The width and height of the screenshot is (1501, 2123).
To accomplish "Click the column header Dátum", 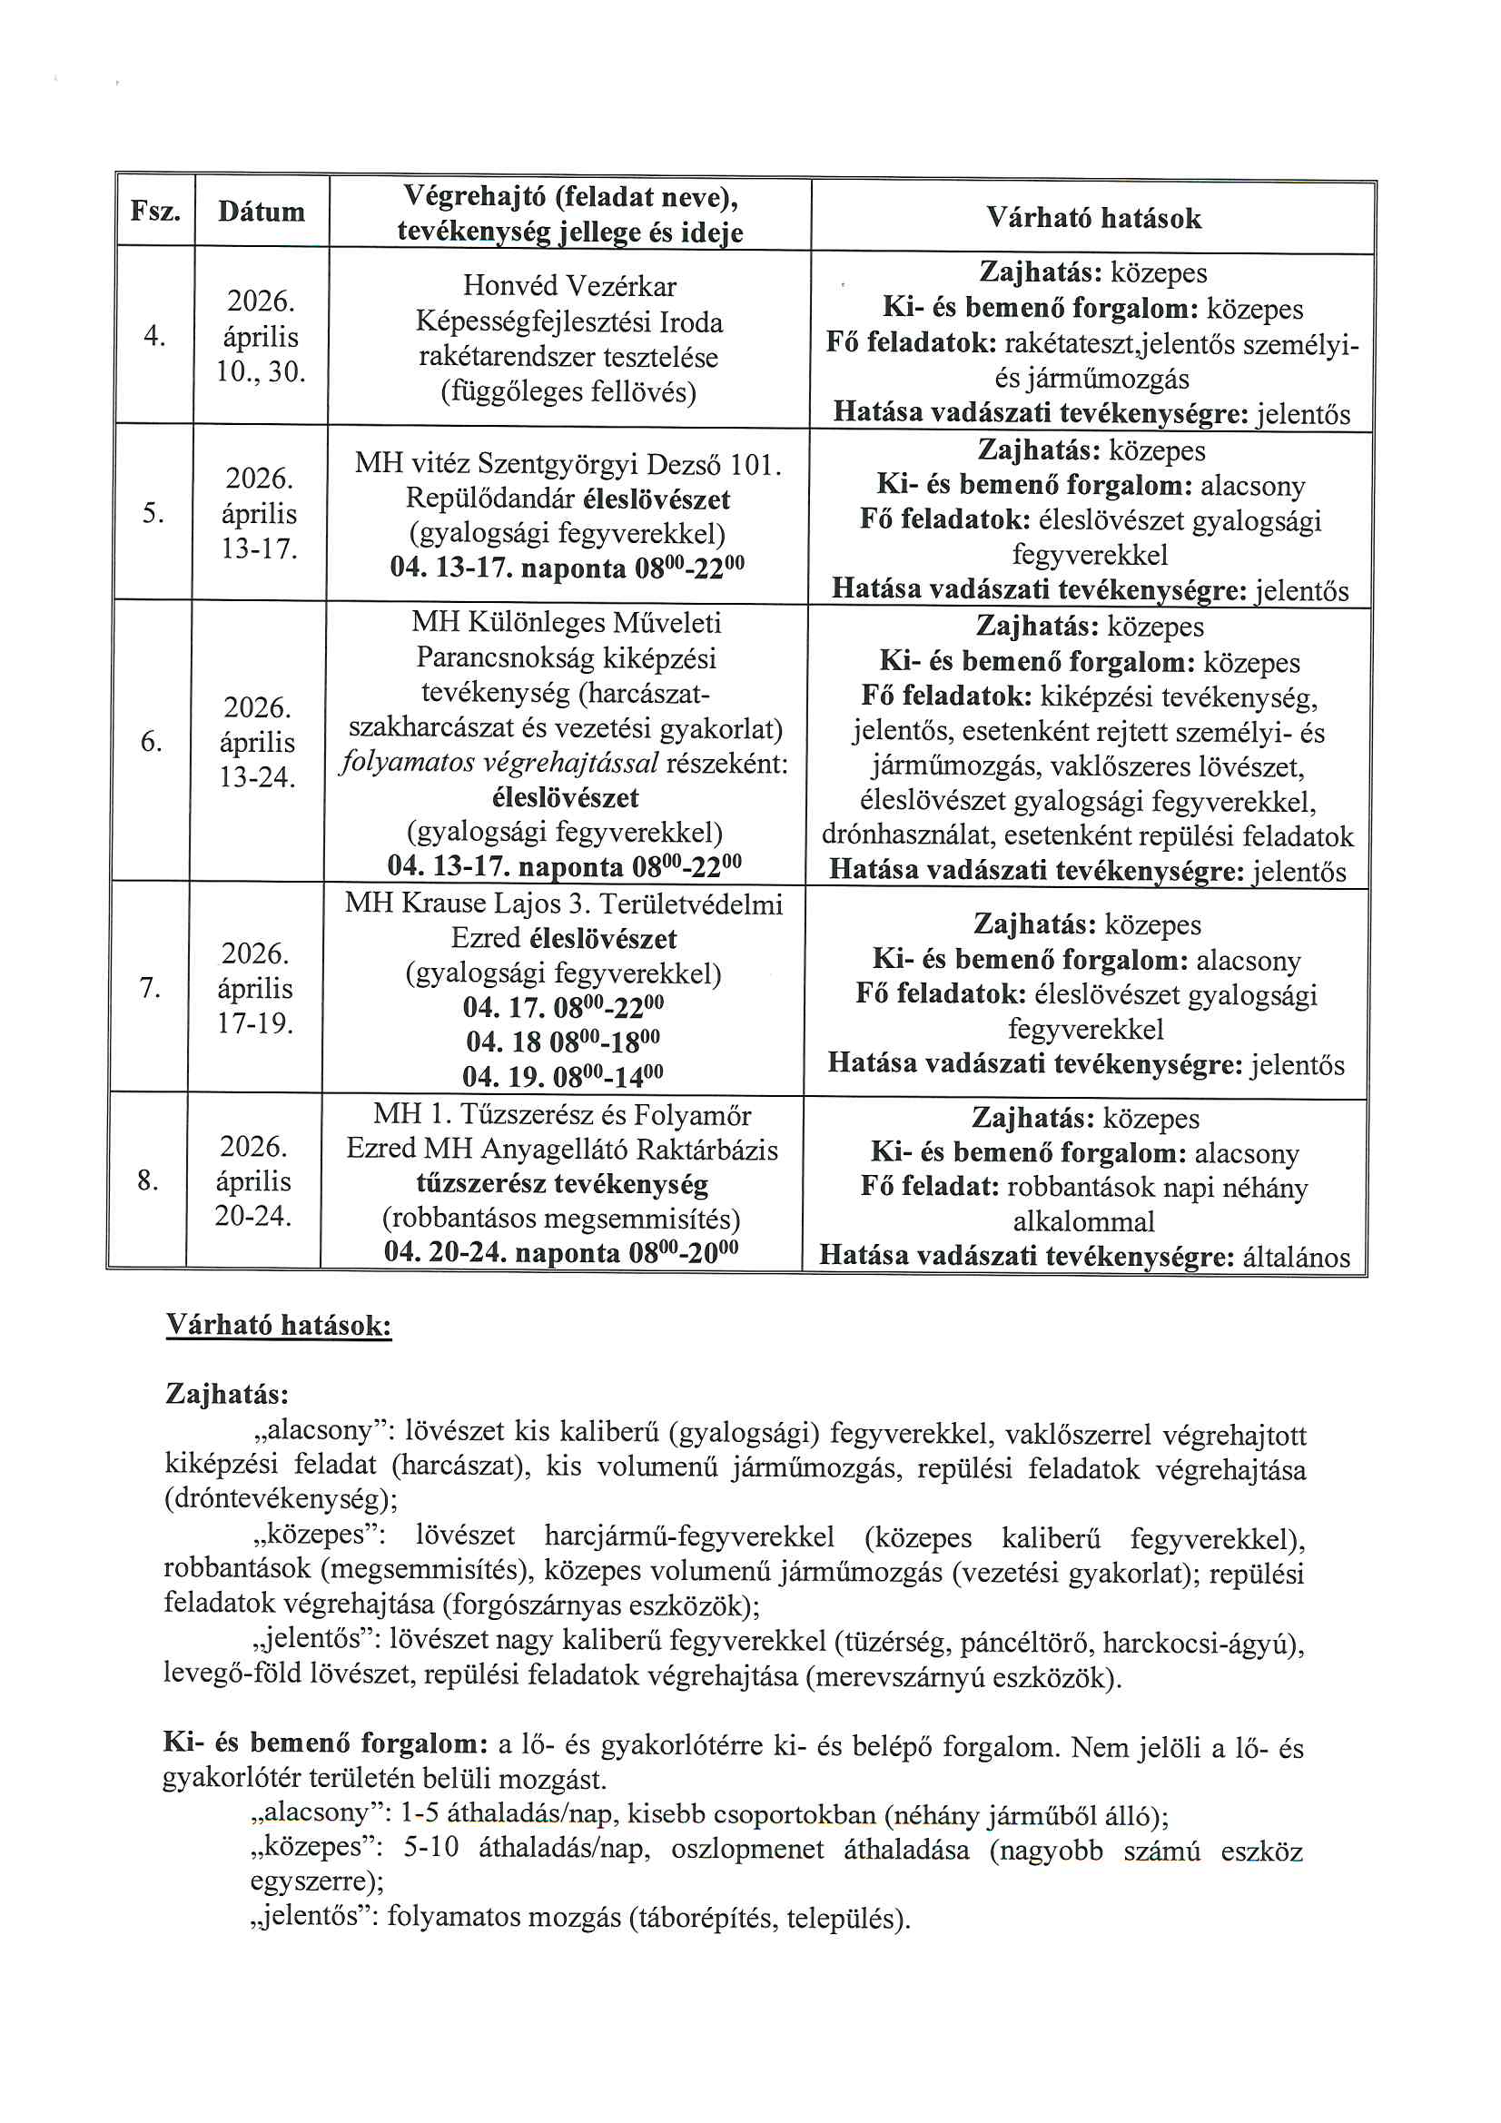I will pos(261,212).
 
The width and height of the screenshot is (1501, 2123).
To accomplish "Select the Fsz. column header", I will pos(154,211).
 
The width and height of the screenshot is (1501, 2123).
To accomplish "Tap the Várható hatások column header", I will pos(1093,218).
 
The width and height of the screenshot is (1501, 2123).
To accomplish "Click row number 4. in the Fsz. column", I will pos(154,336).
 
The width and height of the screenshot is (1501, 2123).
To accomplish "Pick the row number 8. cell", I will pos(147,1180).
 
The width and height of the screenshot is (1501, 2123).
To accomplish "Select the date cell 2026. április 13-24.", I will pos(257,742).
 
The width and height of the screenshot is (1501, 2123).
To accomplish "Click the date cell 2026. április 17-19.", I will pos(255,988).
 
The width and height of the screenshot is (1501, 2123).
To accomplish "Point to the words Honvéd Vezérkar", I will pos(568,286).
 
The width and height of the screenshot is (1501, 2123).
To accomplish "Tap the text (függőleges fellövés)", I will pos(568,392).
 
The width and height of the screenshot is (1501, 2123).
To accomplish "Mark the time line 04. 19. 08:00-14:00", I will pos(562,1076).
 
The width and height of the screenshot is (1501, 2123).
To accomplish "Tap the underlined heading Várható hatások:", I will pos(279,1325).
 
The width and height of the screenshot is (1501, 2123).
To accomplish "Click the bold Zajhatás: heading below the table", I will pos(227,1393).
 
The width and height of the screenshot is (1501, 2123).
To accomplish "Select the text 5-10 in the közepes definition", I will pos(431,1847).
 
